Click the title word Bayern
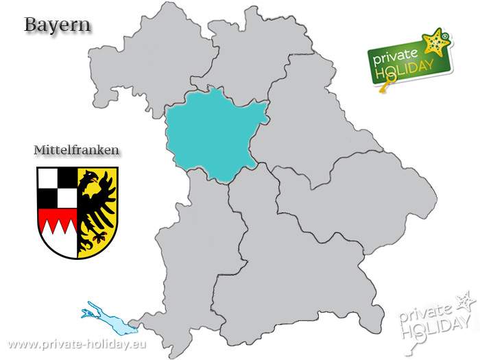tap(58, 25)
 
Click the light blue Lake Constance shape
tap(103, 317)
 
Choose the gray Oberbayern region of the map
tap(295, 267)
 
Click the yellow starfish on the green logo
tap(435, 43)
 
